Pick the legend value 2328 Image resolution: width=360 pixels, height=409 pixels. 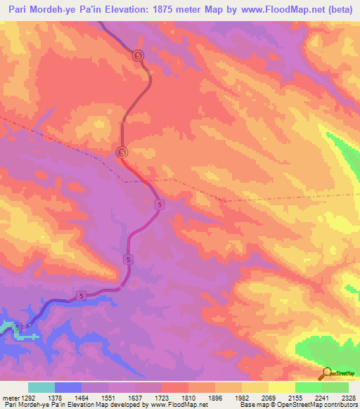[348, 397]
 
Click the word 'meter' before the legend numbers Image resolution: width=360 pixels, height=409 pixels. [9, 397]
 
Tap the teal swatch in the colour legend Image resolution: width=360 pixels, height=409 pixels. [41, 387]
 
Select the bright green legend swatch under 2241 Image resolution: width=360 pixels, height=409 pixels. [308, 387]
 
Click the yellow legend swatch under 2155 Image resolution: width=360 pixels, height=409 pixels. [281, 387]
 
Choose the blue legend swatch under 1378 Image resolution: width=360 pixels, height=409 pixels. [68, 387]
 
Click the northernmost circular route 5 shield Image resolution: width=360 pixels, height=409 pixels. [138, 55]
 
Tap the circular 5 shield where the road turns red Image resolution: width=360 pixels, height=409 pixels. [122, 152]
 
